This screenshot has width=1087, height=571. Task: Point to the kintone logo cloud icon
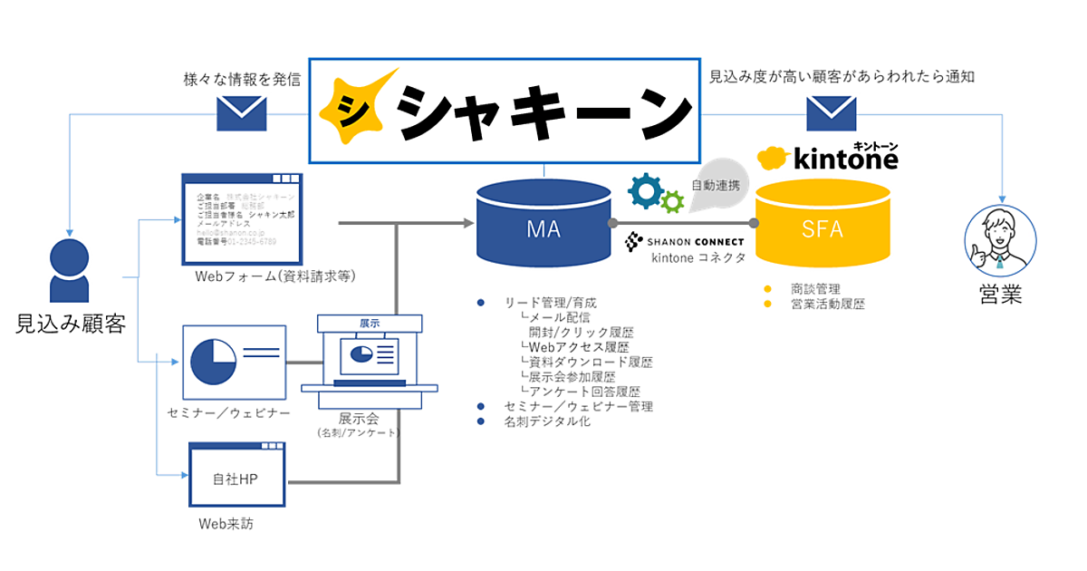[x=774, y=159]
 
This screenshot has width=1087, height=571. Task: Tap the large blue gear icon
[x=647, y=189]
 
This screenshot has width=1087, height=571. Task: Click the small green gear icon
[x=672, y=201]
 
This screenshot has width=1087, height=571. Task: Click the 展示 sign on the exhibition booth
[x=369, y=323]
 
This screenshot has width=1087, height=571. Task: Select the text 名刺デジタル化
[x=547, y=421]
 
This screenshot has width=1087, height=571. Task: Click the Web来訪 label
[x=226, y=524]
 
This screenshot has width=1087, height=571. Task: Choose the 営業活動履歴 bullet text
[x=827, y=305]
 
